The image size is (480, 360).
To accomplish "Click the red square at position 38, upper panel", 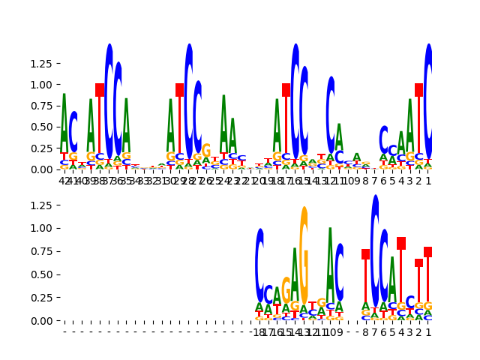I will coord(100,90).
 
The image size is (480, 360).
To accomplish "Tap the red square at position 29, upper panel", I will coord(180,90).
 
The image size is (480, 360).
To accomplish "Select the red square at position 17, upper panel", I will coord(286,90).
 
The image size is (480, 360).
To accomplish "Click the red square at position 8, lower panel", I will coord(366,254).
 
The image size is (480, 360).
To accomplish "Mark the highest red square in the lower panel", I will coord(401,244).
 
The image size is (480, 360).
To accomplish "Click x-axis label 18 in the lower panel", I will coord(259,331).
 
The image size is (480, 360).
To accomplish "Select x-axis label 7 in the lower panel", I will coord(375,331).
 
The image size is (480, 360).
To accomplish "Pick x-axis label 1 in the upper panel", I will coord(428,180).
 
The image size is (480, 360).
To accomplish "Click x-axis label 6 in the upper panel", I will coord(384,180).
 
